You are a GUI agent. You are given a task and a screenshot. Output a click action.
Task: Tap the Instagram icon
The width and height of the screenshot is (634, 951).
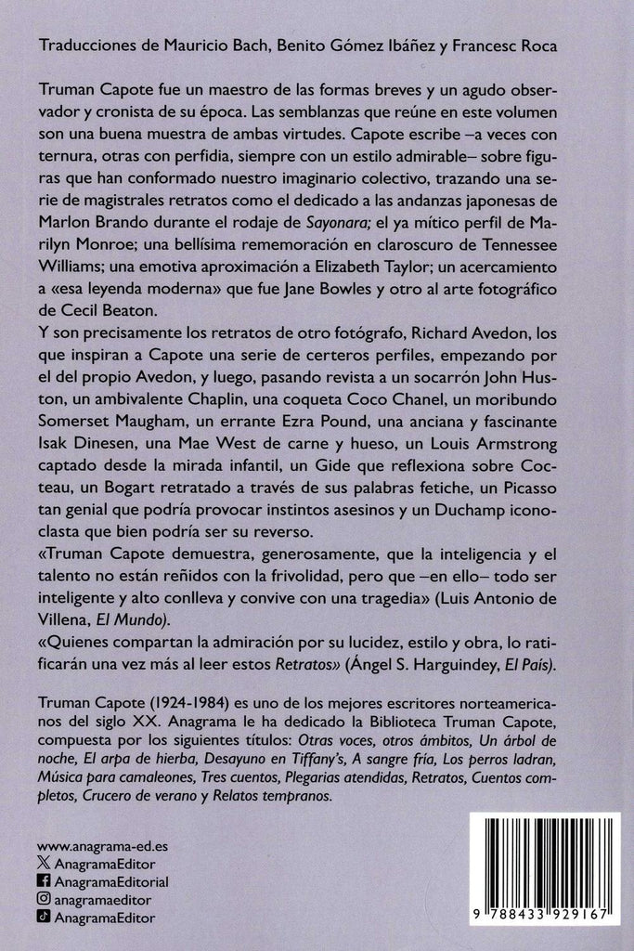click(45, 899)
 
